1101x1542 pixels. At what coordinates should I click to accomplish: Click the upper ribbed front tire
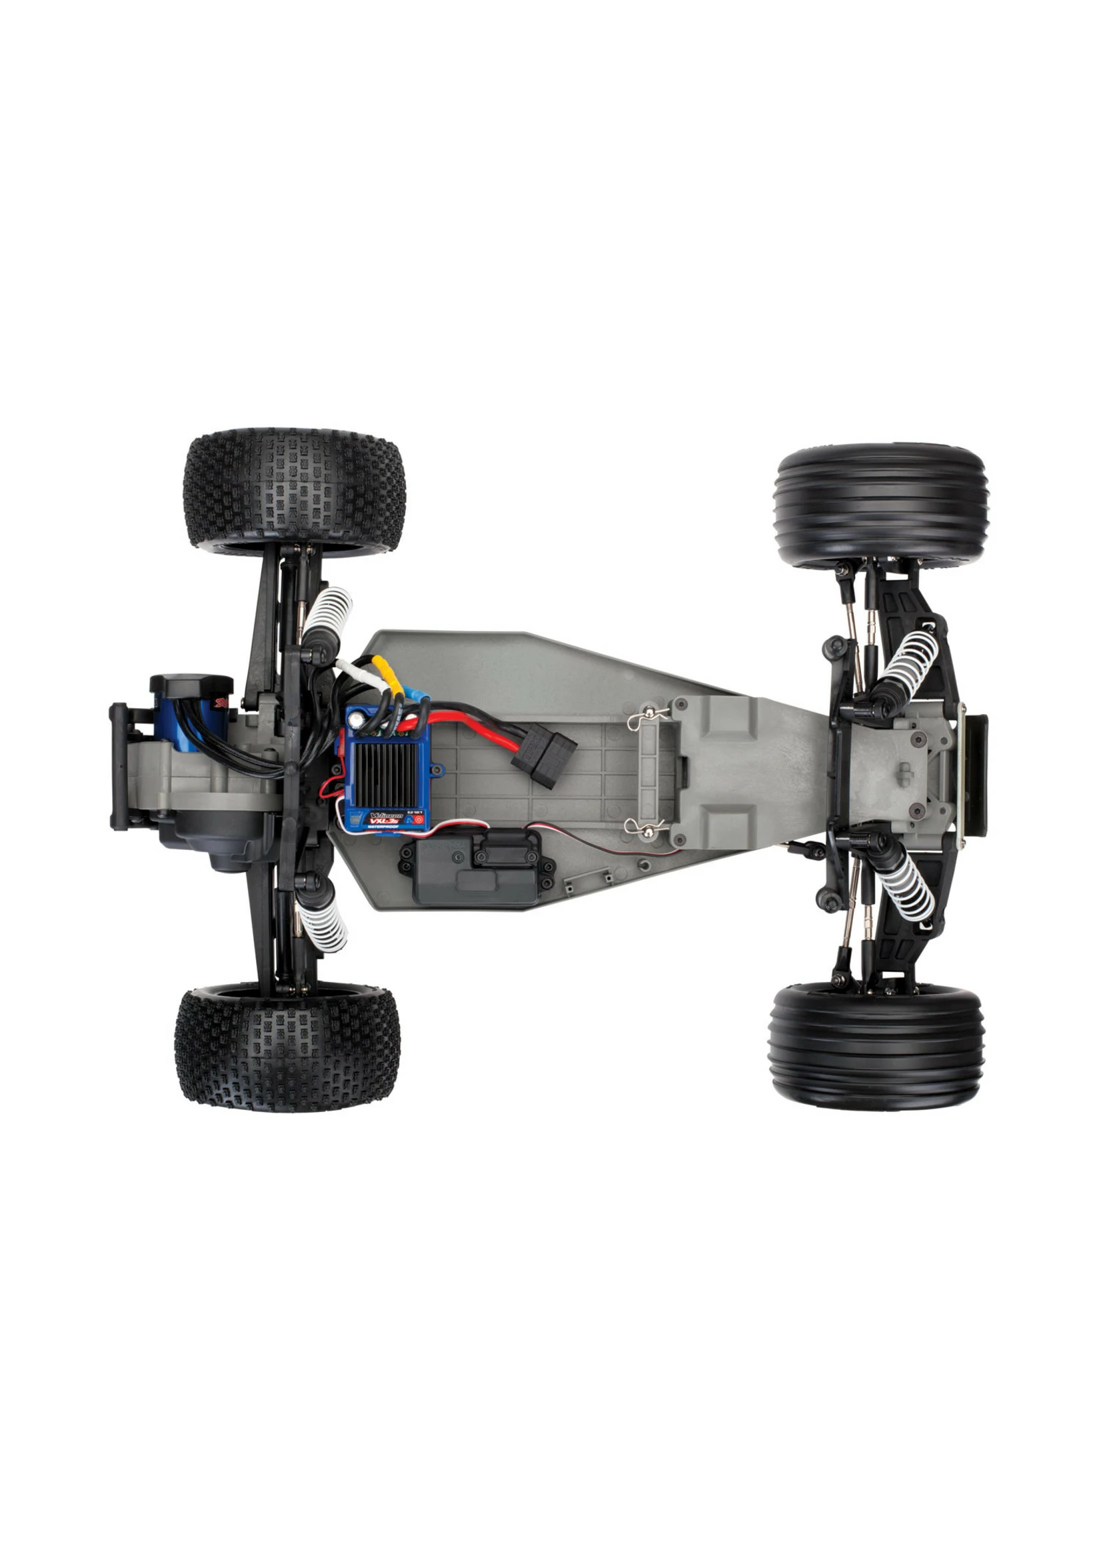point(880,505)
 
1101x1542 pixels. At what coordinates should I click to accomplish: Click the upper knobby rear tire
point(294,487)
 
